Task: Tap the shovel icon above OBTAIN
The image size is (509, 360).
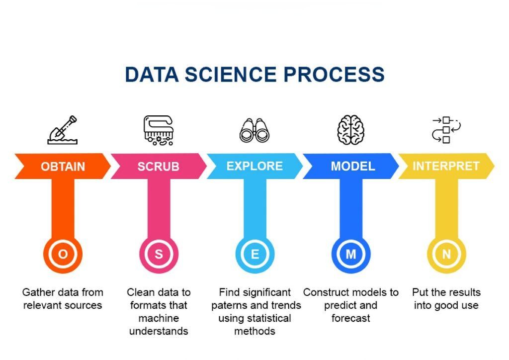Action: [x=63, y=130]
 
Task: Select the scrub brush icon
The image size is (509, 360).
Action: [x=158, y=130]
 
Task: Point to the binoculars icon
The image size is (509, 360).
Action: [x=254, y=131]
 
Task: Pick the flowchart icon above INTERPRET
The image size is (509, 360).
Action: [x=446, y=130]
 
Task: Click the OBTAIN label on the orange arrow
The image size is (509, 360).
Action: [x=63, y=167]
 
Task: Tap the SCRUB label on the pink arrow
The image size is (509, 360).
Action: [x=158, y=167]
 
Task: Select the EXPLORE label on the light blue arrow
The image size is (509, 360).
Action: [x=254, y=166]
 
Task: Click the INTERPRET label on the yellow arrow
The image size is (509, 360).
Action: [x=446, y=166]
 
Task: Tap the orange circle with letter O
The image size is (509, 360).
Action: [x=63, y=254]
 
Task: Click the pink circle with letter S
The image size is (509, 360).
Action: [x=159, y=254]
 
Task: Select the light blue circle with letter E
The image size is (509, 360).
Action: [x=254, y=254]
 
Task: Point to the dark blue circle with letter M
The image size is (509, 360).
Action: [x=351, y=254]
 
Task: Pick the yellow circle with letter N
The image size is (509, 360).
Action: [x=446, y=254]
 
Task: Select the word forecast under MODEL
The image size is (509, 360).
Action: [x=351, y=318]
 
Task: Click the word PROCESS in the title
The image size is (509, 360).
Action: [x=334, y=74]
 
